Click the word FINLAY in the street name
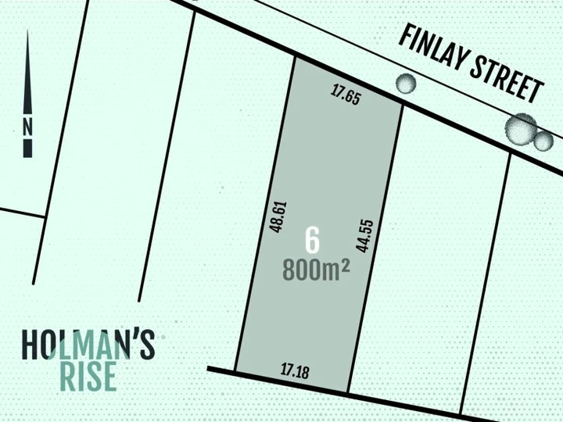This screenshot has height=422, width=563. click(x=432, y=48)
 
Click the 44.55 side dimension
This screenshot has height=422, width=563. click(x=364, y=234)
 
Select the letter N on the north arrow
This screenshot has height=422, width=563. click(x=28, y=125)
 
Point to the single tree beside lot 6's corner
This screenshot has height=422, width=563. click(x=406, y=82)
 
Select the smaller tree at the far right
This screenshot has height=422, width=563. click(x=543, y=141)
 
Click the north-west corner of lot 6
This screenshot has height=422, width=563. click(x=294, y=56)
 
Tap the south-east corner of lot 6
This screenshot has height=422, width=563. click(x=348, y=392)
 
